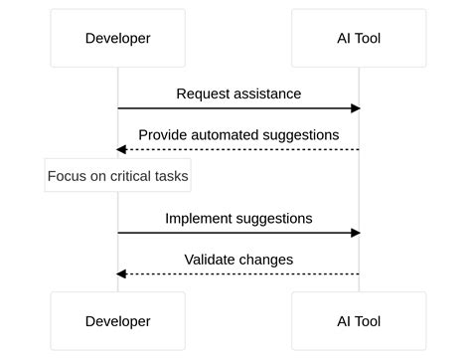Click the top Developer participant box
pyautogui.click(x=118, y=39)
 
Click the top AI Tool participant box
pyautogui.click(x=359, y=39)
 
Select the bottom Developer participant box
pyautogui.click(x=118, y=321)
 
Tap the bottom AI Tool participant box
pyautogui.click(x=359, y=321)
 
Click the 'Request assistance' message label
pyautogui.click(x=238, y=93)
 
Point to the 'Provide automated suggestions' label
pyautogui.click(x=238, y=134)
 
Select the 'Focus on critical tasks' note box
pyautogui.click(x=118, y=177)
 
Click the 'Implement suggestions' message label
pyautogui.click(x=238, y=218)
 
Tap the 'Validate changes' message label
pyautogui.click(x=238, y=260)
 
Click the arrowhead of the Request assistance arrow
pyautogui.click(x=355, y=107)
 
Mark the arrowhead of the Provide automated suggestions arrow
pyautogui.click(x=121, y=149)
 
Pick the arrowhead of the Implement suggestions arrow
pyautogui.click(x=355, y=233)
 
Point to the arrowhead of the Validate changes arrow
pyautogui.click(x=121, y=273)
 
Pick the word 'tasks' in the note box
pyautogui.click(x=169, y=177)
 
